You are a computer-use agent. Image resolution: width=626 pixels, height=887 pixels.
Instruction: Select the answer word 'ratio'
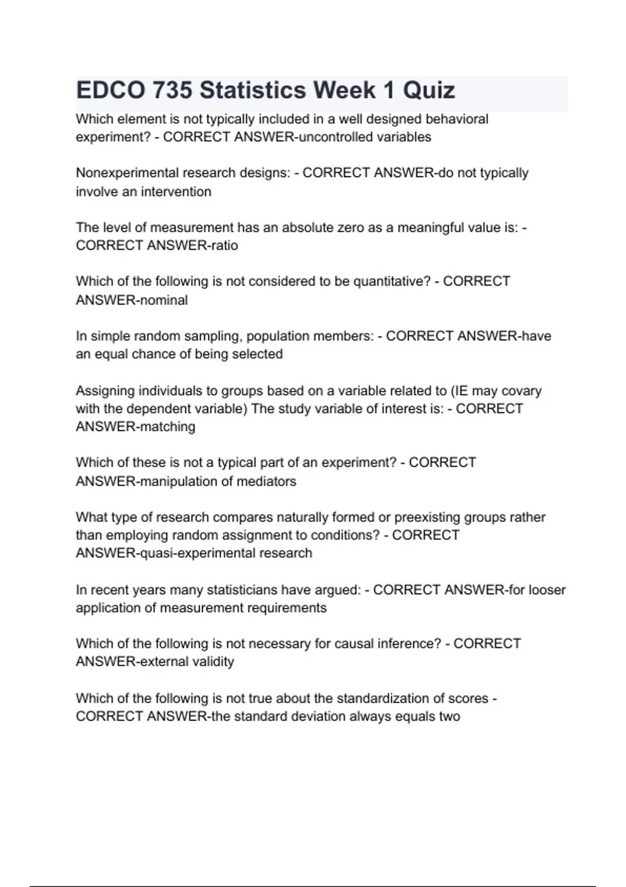(x=224, y=246)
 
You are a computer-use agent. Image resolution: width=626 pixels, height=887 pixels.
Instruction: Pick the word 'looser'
(x=547, y=590)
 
